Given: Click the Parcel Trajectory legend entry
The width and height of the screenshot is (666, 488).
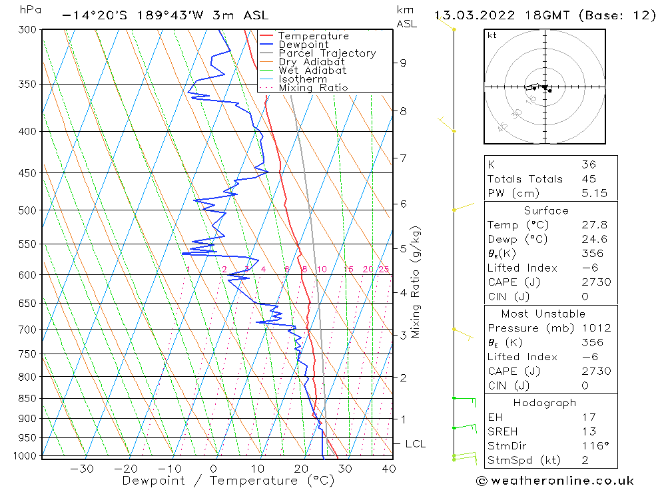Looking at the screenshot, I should point(326,53).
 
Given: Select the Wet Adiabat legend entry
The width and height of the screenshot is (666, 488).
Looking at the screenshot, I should point(312,71).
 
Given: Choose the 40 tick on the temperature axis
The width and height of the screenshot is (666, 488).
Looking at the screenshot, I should point(389,469).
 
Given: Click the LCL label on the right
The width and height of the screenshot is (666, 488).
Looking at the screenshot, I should point(415,444).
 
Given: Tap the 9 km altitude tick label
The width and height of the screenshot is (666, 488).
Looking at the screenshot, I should point(403,63).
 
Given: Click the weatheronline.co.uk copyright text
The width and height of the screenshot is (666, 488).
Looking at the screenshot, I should point(555,481).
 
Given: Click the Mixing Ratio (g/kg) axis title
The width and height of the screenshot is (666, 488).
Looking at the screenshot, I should point(416,282).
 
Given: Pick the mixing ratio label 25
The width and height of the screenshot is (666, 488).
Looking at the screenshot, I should point(384,270).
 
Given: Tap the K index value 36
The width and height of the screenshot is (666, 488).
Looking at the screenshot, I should point(588,164).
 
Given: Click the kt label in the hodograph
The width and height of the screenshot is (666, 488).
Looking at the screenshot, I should point(492,35).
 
